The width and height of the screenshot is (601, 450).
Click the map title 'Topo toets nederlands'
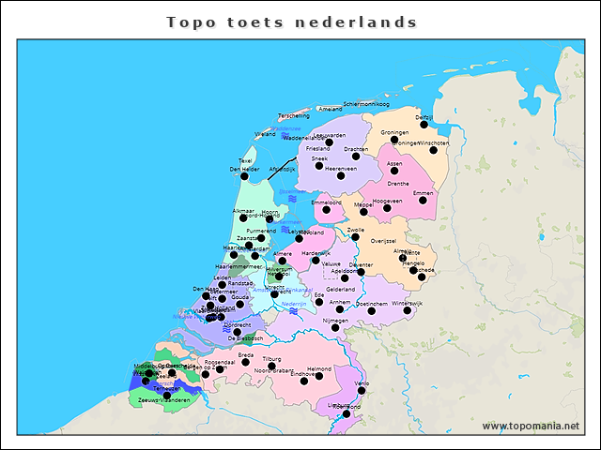[291, 22]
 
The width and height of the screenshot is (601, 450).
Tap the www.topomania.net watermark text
[531, 426]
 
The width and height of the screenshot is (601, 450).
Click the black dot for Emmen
[423, 200]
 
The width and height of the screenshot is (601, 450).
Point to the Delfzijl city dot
[425, 126]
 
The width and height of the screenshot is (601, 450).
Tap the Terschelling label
[294, 115]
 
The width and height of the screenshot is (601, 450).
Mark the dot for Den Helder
[245, 175]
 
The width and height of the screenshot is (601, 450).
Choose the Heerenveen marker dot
[341, 175]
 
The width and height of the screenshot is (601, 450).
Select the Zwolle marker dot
[356, 236]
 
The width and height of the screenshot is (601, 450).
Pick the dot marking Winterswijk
[408, 310]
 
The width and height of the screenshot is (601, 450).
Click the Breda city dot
[246, 362]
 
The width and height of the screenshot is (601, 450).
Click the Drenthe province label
[398, 184]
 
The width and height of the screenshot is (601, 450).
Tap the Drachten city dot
[356, 156]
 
